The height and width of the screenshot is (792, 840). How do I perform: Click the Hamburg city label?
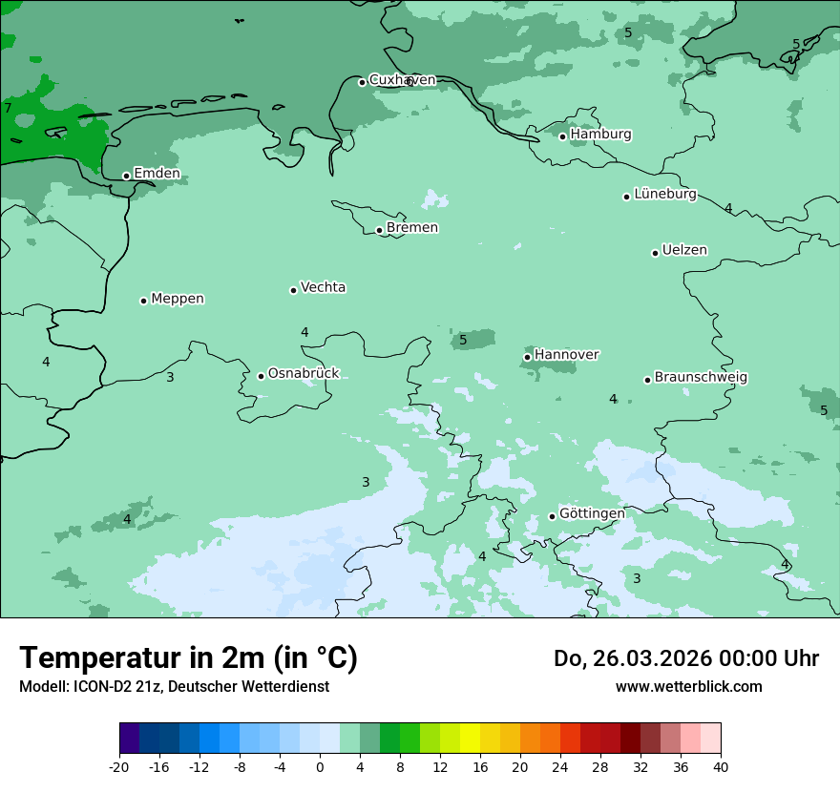tap(600, 135)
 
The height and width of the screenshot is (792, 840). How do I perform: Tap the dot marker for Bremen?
tap(379, 230)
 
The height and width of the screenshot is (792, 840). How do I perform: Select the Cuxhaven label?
tap(402, 80)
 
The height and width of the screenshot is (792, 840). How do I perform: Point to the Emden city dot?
tap(126, 176)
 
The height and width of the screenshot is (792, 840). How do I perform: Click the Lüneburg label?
tap(664, 195)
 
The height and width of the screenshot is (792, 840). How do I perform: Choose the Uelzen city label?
tap(684, 251)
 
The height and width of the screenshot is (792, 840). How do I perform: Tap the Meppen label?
tap(178, 299)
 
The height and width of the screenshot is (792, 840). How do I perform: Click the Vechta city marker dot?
tap(293, 290)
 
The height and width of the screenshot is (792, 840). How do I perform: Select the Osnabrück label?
tap(304, 374)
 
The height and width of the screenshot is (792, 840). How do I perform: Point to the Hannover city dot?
tap(527, 358)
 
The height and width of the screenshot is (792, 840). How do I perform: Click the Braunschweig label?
tap(701, 378)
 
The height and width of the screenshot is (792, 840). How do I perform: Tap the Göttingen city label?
tap(592, 514)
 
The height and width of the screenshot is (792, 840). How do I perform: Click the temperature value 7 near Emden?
tap(8, 108)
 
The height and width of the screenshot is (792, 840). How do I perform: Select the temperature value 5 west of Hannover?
tap(463, 340)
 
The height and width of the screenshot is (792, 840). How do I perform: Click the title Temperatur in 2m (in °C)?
tap(188, 658)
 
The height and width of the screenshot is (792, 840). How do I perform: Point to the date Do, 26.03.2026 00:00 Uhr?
tap(685, 658)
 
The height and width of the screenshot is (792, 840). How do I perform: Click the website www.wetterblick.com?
tap(688, 687)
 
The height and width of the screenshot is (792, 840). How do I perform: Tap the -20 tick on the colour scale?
tap(119, 767)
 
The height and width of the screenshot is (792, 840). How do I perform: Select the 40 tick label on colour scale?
tap(720, 767)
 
